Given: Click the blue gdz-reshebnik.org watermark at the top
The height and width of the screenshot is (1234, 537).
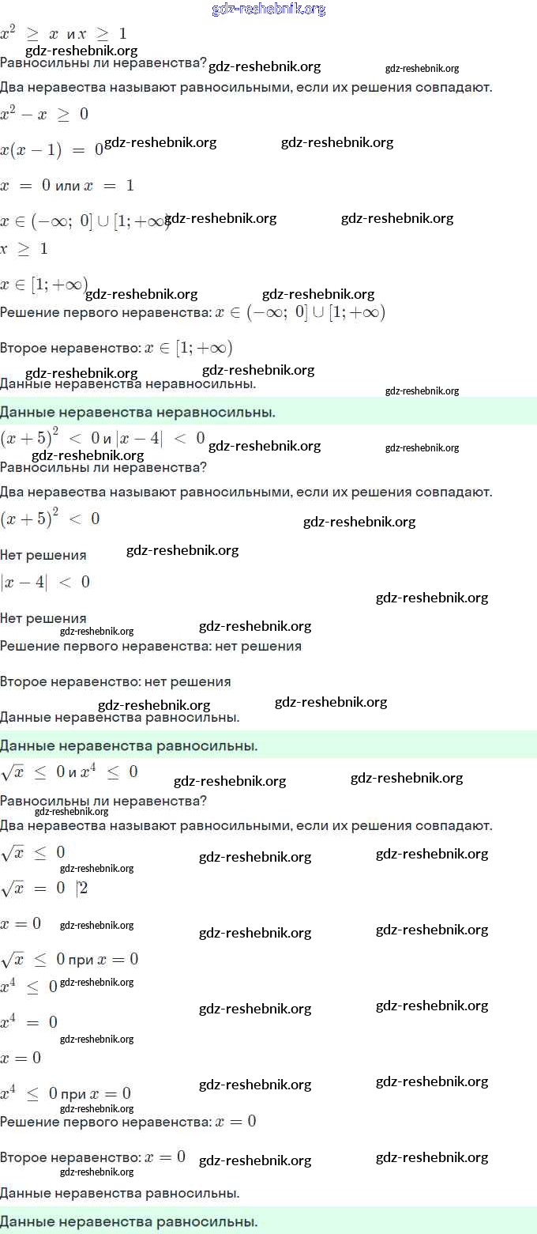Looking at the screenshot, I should click(268, 9).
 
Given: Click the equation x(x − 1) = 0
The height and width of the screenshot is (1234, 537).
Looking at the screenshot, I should click(51, 149).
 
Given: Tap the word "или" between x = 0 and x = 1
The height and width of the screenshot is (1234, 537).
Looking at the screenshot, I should click(69, 186).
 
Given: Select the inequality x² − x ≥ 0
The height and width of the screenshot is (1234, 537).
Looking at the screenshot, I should click(44, 114).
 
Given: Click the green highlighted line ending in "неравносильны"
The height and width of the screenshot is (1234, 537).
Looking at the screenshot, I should click(137, 412).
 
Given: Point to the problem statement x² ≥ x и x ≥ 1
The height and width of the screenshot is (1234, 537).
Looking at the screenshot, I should click(63, 34).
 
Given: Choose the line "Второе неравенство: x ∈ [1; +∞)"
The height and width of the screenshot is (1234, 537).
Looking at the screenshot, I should click(115, 348).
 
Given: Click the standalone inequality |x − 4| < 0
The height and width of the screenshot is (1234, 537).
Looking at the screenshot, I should click(45, 583).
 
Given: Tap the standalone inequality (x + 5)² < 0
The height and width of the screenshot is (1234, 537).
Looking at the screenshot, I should click(50, 519).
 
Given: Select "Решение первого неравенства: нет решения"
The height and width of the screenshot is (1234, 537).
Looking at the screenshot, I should click(150, 647).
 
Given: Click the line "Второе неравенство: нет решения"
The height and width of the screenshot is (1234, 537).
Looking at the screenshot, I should click(115, 681).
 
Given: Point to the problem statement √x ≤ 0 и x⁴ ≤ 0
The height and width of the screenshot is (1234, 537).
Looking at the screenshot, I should click(69, 772).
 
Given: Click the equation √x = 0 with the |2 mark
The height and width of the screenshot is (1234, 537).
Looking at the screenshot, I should click(44, 889).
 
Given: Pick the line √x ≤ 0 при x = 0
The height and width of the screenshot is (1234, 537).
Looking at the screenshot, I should click(69, 960).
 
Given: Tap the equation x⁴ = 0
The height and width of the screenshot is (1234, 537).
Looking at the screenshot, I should click(29, 1022).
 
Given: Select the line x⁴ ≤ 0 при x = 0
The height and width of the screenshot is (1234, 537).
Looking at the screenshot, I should click(66, 1094).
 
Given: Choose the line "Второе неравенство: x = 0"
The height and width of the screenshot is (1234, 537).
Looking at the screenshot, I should click(92, 1157).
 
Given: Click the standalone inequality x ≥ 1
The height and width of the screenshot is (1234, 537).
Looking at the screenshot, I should click(24, 249).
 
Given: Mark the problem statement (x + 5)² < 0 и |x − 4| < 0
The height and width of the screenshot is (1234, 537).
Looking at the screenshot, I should click(103, 438).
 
